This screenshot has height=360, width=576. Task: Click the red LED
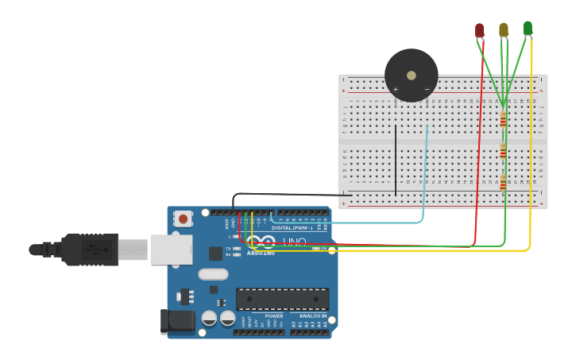click(479, 30)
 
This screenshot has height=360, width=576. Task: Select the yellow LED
click(503, 29)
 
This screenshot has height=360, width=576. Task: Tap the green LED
click(528, 28)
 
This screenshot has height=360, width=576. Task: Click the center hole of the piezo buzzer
click(411, 75)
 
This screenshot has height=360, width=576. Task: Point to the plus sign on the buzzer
click(396, 89)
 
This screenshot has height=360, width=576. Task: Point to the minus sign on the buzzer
click(427, 89)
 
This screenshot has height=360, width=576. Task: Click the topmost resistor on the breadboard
click(503, 119)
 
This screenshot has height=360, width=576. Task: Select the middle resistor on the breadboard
click(503, 152)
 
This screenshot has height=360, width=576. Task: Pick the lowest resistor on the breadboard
click(503, 183)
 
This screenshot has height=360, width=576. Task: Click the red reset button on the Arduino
click(184, 218)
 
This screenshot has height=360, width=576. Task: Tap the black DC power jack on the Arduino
click(178, 321)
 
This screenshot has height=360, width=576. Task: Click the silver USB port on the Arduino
click(172, 250)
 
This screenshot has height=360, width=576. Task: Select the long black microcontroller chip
click(282, 299)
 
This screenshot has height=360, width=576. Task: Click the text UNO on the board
click(295, 242)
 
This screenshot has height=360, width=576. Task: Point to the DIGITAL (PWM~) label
click(292, 228)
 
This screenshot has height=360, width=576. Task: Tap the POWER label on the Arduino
click(273, 315)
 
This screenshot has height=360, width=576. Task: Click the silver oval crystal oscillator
click(213, 274)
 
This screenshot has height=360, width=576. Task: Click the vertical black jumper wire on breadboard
click(395, 159)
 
